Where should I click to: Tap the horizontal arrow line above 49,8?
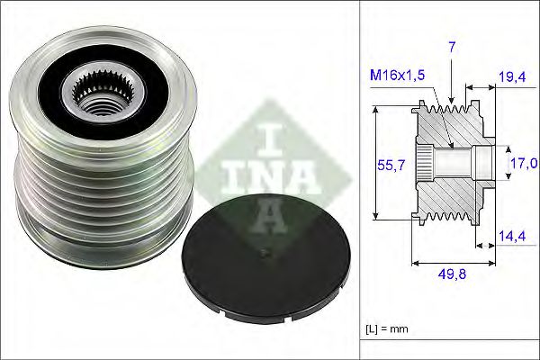[453, 264]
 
